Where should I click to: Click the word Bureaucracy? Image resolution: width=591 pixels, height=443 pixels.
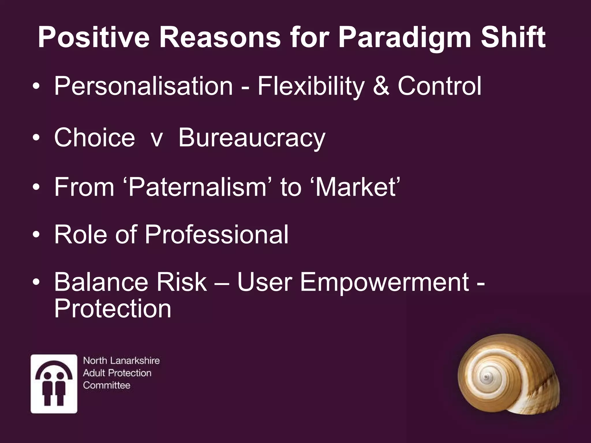tap(252, 138)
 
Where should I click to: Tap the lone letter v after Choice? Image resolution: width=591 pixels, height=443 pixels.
tap(157, 139)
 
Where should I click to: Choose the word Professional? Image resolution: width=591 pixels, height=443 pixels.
tap(216, 234)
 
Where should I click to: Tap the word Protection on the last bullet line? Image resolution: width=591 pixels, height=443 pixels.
tap(113, 309)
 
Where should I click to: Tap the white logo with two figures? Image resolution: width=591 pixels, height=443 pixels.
tap(54, 384)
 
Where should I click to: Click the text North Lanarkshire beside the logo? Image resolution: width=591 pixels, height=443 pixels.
tap(121, 361)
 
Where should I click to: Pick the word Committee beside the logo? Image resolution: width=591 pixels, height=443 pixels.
tap(106, 385)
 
